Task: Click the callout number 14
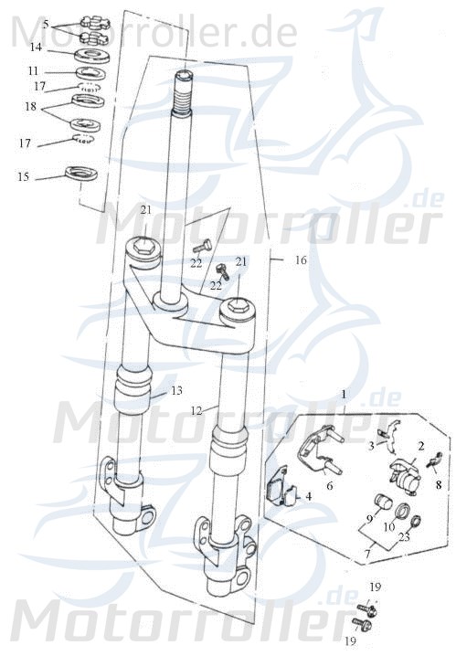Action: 35,47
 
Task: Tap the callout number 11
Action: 34,70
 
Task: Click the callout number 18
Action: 34,107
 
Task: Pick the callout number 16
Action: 301,260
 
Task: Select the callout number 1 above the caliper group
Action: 344,394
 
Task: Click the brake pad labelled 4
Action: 279,491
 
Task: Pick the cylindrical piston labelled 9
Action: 383,503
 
